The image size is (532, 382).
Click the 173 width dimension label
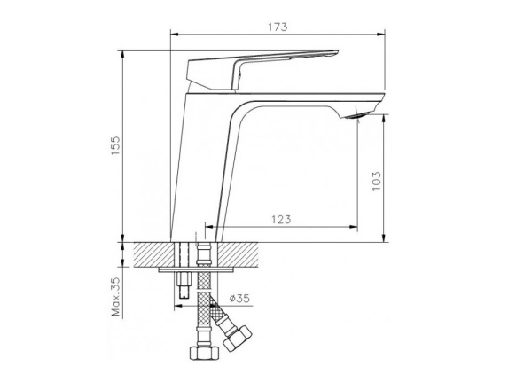[x=278, y=27]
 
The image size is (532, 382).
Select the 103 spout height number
[x=376, y=181]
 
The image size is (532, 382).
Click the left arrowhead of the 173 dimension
[x=173, y=35]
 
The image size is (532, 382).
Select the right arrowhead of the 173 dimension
[x=382, y=35]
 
